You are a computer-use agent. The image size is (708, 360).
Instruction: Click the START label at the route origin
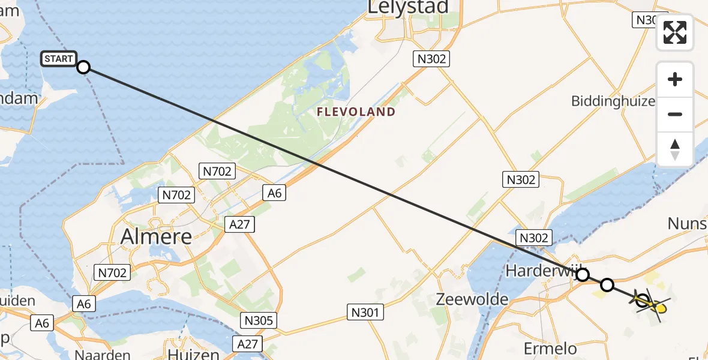pyautogui.click(x=59, y=59)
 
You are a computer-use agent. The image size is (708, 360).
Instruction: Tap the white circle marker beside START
pyautogui.click(x=83, y=67)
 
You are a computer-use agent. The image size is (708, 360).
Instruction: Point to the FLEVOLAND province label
pyautogui.click(x=356, y=112)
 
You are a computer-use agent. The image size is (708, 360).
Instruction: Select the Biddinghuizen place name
pyautogui.click(x=613, y=101)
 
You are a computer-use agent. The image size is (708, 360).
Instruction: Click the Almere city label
pyautogui.click(x=156, y=236)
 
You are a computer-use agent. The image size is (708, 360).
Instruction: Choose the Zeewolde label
pyautogui.click(x=472, y=299)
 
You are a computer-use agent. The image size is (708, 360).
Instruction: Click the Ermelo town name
pyautogui.click(x=550, y=349)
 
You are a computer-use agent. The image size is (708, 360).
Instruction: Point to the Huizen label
pyautogui.click(x=193, y=354)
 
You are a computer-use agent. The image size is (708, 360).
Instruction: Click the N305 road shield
pyautogui.click(x=259, y=320)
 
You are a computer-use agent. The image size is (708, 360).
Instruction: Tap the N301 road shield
pyautogui.click(x=365, y=312)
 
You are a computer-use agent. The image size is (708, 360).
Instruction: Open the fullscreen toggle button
pyautogui.click(x=675, y=32)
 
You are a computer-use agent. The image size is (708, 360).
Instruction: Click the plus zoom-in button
pyautogui.click(x=675, y=80)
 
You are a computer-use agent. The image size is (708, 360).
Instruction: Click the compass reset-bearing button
pyautogui.click(x=675, y=149)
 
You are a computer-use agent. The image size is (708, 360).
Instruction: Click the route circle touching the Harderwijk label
pyautogui.click(x=582, y=275)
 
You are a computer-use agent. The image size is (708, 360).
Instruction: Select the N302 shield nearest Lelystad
pyautogui.click(x=432, y=59)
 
